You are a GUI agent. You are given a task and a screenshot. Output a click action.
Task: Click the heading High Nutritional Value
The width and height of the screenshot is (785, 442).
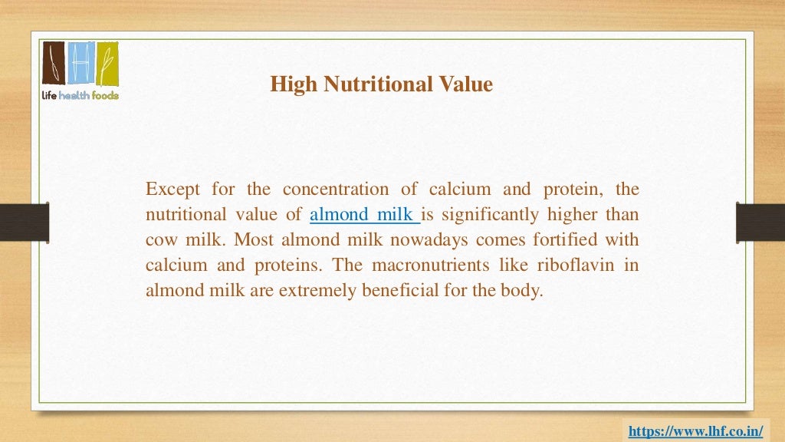click(x=381, y=84)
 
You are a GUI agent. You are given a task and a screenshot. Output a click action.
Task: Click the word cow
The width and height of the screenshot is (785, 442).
click(x=161, y=239)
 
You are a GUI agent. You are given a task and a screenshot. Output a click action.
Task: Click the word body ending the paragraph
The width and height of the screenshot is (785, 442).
click(x=524, y=291)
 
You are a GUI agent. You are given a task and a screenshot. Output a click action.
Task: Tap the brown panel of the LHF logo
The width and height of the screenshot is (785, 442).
click(x=54, y=64)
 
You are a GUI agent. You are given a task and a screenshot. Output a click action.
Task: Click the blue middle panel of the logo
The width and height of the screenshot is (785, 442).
click(x=80, y=64)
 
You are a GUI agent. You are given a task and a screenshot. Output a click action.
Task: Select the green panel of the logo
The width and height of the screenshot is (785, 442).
click(x=107, y=64)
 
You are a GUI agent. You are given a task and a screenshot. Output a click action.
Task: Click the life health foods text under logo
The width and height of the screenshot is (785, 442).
click(x=80, y=95)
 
